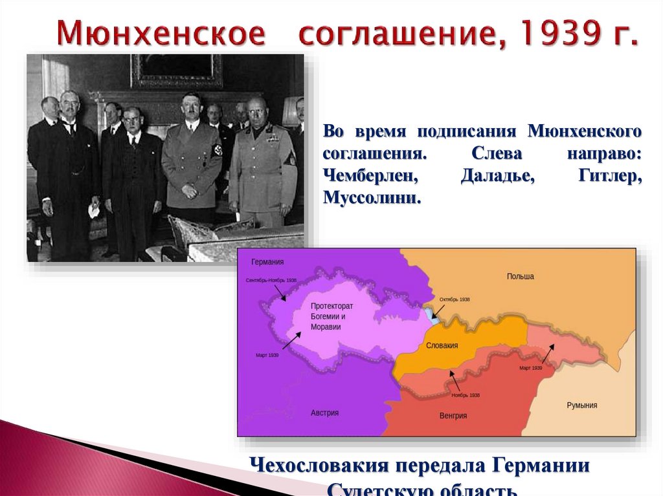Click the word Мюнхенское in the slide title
tap(160, 33)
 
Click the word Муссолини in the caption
tap(372, 197)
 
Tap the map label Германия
tap(267, 261)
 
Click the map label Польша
tap(521, 276)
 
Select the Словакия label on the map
tap(442, 345)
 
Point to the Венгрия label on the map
tap(453, 415)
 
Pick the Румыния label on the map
tap(582, 405)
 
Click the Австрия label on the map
tap(324, 413)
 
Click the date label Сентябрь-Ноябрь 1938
tap(271, 280)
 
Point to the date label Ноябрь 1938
tap(466, 394)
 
